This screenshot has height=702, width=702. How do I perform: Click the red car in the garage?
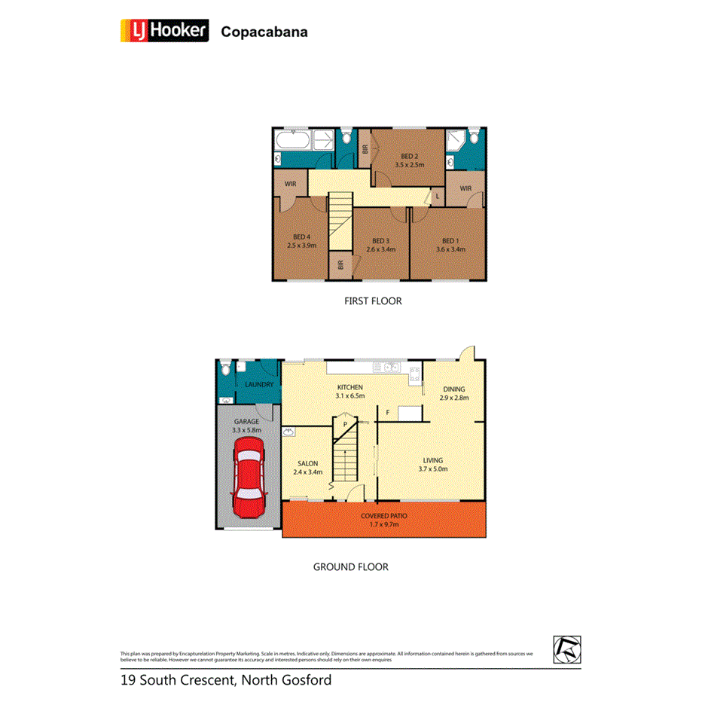click(x=248, y=479)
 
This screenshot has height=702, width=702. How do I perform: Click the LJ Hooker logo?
click(x=165, y=31)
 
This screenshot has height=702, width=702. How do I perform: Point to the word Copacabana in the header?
click(x=264, y=32)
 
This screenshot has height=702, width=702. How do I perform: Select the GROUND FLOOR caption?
click(x=351, y=566)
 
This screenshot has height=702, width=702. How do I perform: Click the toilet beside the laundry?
click(x=223, y=369)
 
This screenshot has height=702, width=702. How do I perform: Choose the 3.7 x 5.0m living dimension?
click(x=433, y=469)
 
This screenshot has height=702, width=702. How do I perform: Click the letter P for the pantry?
click(x=345, y=424)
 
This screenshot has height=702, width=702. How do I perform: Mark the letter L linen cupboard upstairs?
click(x=436, y=197)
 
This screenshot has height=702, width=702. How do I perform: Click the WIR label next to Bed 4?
click(x=289, y=184)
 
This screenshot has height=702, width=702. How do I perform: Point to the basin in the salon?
click(x=288, y=432)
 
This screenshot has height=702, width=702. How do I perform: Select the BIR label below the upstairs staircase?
click(x=340, y=264)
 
